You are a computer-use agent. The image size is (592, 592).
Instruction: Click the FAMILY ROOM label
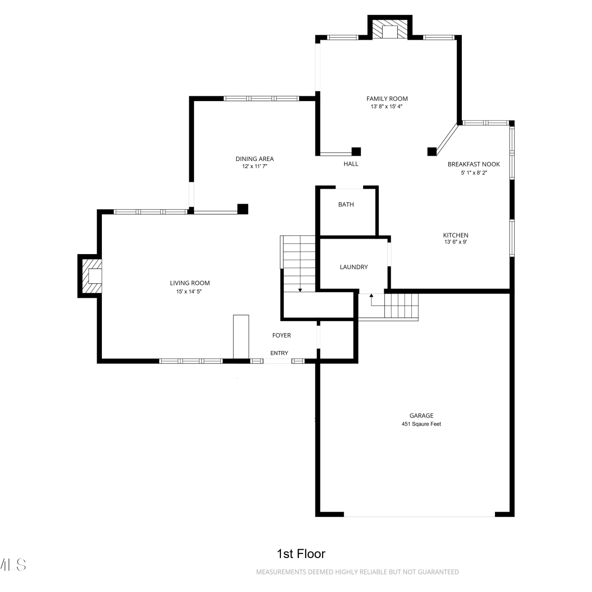tap(387, 99)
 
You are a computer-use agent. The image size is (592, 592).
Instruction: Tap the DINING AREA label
tap(255, 159)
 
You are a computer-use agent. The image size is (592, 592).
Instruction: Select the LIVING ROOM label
tap(190, 283)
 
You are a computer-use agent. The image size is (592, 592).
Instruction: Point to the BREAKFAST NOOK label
tap(474, 164)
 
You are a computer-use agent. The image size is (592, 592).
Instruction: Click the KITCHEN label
tap(455, 235)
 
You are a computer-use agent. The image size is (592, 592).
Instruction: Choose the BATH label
tap(346, 204)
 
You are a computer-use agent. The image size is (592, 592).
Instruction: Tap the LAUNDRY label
tap(354, 267)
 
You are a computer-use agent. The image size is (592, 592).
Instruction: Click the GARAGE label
tap(422, 416)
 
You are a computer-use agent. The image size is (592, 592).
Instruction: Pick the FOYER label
tap(281, 335)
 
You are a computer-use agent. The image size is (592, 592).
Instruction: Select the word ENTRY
tap(279, 353)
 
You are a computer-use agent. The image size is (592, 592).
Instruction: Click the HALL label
tap(351, 164)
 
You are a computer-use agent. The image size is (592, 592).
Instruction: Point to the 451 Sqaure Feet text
tap(422, 424)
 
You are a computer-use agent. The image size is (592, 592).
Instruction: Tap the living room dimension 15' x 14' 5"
tap(189, 292)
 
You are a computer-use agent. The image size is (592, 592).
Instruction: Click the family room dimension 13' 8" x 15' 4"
tap(386, 107)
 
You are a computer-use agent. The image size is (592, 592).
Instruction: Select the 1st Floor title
tap(301, 554)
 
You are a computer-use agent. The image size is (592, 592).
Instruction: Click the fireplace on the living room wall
tap(90, 276)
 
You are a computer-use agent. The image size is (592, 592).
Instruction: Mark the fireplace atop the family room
tap(390, 28)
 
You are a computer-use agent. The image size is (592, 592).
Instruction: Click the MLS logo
tap(13, 565)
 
